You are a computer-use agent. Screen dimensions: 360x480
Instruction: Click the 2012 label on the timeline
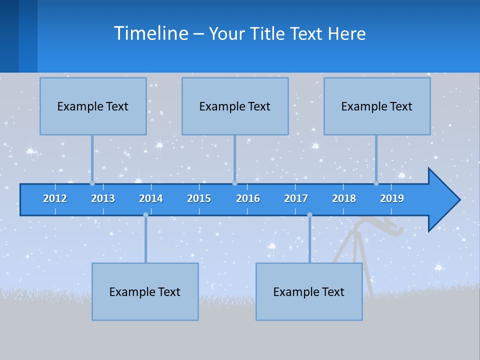click(55, 198)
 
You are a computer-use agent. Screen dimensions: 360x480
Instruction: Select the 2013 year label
click(103, 198)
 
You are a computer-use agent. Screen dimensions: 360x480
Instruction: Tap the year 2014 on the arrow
click(151, 198)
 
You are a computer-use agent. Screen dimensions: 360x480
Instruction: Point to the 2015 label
click(199, 198)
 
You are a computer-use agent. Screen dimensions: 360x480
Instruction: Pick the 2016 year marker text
click(248, 198)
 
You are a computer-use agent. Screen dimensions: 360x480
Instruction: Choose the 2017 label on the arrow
click(296, 198)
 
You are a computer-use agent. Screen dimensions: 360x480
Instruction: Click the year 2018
click(344, 198)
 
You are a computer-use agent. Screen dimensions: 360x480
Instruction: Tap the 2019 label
click(392, 198)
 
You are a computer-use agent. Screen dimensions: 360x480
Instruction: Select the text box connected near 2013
click(93, 106)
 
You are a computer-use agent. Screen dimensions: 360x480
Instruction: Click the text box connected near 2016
click(235, 106)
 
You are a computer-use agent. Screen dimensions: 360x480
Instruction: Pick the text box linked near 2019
click(377, 106)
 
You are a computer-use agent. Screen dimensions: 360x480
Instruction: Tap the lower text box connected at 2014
click(145, 291)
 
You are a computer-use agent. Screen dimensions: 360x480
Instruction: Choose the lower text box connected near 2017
click(309, 291)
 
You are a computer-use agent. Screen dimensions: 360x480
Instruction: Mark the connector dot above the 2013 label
click(92, 183)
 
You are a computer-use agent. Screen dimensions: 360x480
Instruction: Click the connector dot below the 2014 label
click(145, 215)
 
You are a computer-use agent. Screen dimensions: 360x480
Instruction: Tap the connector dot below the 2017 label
click(309, 215)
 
